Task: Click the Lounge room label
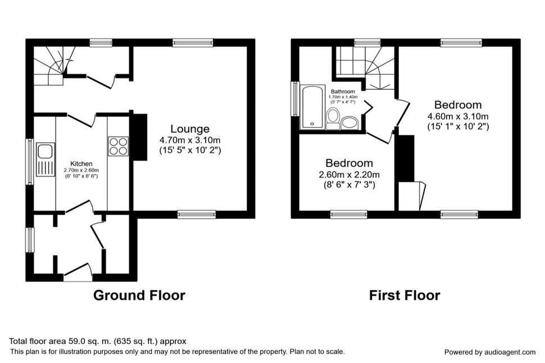click(190, 129)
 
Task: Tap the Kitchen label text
click(81, 164)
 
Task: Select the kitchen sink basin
click(45, 152)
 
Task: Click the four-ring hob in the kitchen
click(119, 146)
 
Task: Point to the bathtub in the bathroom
click(312, 107)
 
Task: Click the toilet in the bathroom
click(333, 119)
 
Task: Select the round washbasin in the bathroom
click(349, 123)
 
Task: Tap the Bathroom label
click(343, 92)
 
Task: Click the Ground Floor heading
click(139, 295)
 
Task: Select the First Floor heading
click(405, 295)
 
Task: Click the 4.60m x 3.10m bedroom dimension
click(458, 116)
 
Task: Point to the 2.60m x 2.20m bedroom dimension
click(349, 175)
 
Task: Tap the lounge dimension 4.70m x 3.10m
click(190, 140)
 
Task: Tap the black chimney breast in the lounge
click(138, 137)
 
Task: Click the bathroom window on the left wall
click(296, 99)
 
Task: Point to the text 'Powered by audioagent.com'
click(490, 352)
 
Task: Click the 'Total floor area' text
click(98, 341)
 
